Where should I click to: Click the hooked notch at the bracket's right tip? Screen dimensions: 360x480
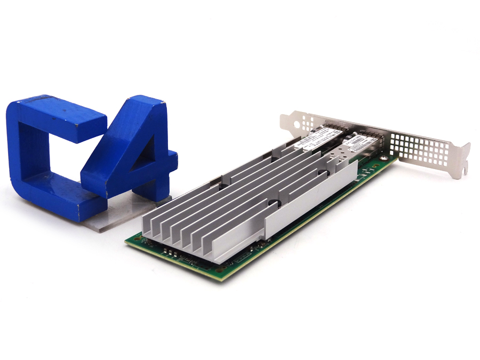tap(466, 170)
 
